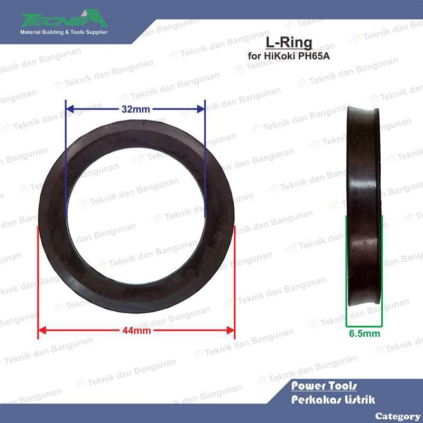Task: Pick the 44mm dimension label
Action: click(x=136, y=331)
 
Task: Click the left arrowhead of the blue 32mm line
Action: click(x=69, y=109)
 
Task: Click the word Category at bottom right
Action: click(x=398, y=416)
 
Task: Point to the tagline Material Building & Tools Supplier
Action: click(x=63, y=33)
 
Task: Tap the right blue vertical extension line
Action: click(x=204, y=159)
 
